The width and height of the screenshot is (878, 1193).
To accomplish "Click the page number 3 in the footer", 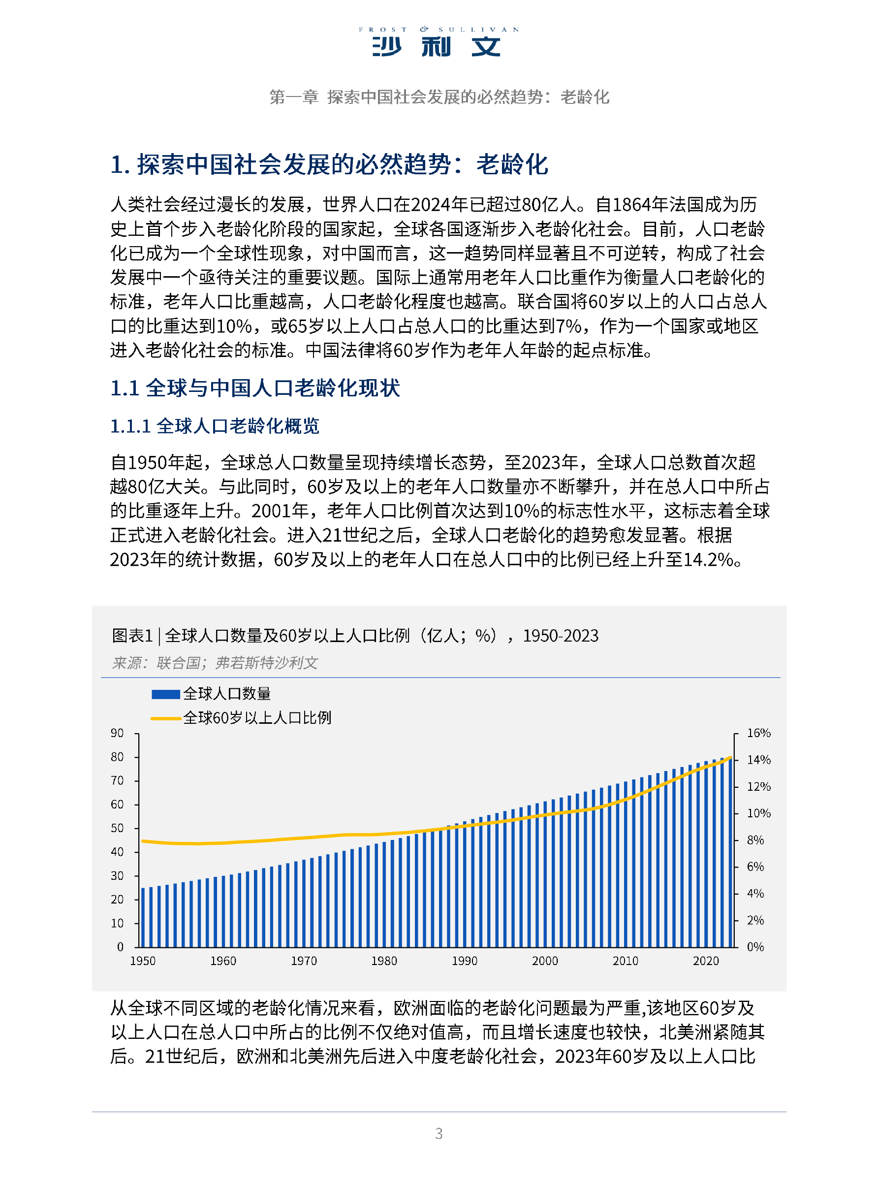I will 439,1133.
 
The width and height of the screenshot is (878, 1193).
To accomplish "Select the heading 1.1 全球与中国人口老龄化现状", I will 254,388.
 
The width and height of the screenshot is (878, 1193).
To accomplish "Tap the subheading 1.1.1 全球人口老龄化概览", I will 214,426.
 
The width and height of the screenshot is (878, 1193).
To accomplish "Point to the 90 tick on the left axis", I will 117,733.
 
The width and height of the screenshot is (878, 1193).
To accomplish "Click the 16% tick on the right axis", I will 758,733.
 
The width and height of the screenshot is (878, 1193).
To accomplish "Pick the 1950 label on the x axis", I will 143,961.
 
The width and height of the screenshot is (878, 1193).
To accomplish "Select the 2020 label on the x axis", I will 705,961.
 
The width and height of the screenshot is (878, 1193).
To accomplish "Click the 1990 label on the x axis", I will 465,961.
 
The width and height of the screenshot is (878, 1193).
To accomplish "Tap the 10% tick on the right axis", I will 758,813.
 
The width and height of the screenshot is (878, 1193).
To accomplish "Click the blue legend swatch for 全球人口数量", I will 166,694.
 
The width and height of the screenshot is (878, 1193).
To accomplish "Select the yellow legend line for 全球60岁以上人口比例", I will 166,718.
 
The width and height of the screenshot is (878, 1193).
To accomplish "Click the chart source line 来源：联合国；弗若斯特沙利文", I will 215,662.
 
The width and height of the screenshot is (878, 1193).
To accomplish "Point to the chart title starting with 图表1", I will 354,635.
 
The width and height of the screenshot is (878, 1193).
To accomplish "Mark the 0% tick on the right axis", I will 755,947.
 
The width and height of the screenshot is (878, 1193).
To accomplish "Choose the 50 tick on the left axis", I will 117,828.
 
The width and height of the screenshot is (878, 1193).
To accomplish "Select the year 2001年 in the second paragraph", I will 280,511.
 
